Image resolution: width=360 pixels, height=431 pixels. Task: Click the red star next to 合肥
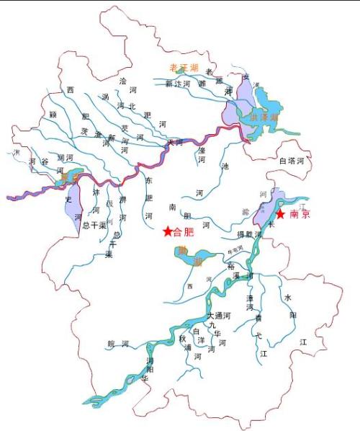coord(168,231)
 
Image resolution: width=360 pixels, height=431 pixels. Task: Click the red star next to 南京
coord(280,214)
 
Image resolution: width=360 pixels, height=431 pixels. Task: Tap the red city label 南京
coord(300,215)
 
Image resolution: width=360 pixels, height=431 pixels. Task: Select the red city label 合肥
coord(184,232)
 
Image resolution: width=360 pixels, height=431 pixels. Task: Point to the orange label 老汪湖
coord(183,67)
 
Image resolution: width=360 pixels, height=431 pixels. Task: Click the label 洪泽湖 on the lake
coord(263,117)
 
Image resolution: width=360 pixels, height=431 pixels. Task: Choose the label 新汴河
coord(178,84)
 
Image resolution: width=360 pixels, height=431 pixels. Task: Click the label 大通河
coord(219,316)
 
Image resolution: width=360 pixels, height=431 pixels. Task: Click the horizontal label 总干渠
coord(95,225)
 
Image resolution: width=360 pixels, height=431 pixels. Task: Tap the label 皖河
coord(117,344)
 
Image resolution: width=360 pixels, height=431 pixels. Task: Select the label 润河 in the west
coord(65,156)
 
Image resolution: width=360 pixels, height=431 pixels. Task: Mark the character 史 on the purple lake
coord(69,198)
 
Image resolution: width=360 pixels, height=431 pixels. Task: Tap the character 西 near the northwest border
coord(70,89)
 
